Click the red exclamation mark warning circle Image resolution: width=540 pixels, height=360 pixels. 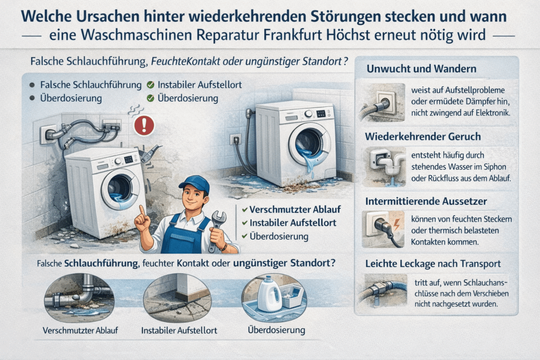144,125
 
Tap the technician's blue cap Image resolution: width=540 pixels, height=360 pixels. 195,184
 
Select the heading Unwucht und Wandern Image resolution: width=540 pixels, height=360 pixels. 421,69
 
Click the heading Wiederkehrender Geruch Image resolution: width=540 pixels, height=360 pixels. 423,137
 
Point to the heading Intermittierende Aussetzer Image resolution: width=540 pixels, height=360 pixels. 426,201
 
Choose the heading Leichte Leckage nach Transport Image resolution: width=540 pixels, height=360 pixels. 433,264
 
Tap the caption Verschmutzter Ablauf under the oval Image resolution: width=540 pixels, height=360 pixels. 80,330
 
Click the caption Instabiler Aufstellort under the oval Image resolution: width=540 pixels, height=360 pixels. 179,330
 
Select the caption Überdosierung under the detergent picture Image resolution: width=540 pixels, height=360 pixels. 276,330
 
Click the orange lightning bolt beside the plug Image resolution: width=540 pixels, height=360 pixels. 397,225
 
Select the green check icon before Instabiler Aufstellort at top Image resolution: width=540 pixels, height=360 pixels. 150,85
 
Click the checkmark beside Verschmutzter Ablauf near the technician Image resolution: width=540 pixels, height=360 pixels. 245,210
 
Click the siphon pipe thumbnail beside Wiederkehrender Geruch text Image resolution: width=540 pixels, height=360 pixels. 385,167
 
